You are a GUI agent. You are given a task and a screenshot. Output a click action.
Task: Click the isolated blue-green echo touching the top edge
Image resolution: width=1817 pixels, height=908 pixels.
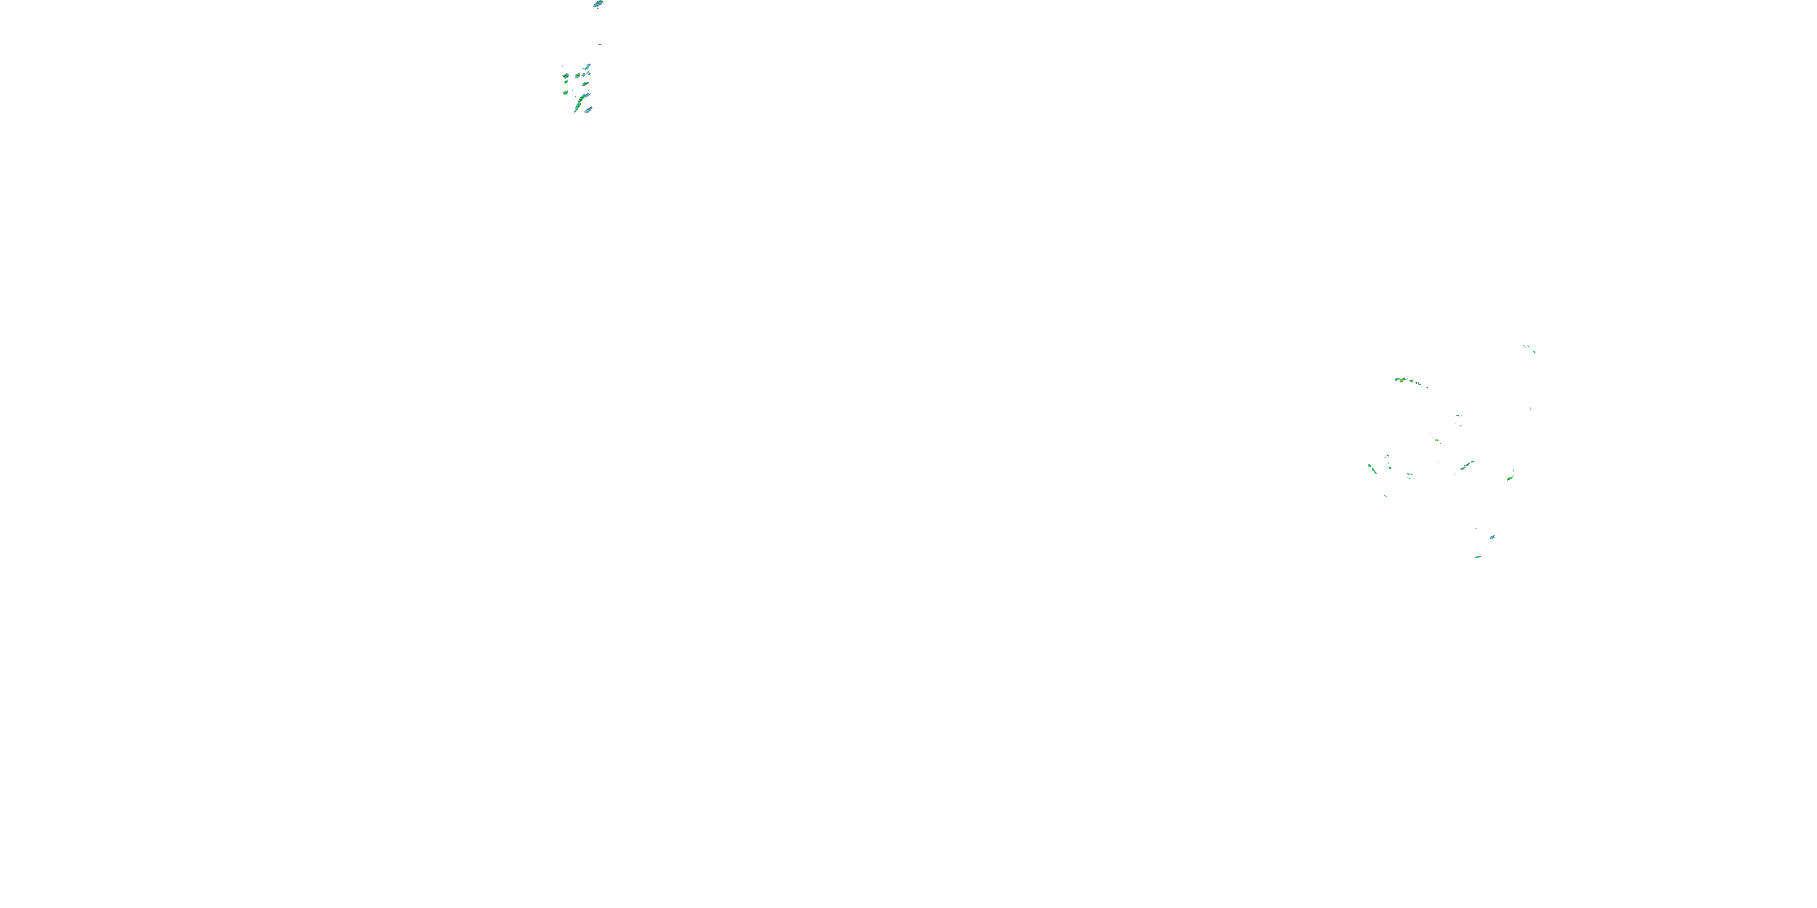tap(598, 4)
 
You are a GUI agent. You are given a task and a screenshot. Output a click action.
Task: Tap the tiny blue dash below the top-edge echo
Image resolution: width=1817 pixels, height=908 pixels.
tap(600, 44)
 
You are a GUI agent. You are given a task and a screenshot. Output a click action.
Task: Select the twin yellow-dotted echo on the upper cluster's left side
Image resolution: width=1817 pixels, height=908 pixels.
tap(566, 76)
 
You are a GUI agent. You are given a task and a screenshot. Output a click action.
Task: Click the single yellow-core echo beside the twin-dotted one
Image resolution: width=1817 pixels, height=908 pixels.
tap(578, 74)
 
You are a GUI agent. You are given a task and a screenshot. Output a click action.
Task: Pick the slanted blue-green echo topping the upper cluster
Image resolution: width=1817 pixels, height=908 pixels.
tap(587, 68)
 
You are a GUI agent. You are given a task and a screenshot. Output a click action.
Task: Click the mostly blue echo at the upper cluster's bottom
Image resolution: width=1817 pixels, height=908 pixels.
tap(588, 110)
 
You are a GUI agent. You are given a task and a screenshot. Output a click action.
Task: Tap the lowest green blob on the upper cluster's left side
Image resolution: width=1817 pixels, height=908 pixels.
tap(566, 93)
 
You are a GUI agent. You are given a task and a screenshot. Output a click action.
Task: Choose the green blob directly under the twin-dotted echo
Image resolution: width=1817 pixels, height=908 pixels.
tap(566, 82)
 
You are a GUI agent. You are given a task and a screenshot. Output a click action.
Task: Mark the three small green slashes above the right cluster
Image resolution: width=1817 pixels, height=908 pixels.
tap(1529, 347)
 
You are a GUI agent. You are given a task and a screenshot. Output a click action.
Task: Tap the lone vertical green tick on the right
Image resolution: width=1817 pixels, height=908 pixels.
tap(1531, 408)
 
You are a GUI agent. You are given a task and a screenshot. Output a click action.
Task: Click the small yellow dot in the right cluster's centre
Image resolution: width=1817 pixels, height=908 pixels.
tap(1437, 441)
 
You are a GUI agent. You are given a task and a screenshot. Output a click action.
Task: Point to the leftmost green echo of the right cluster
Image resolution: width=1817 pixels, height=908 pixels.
tap(1371, 467)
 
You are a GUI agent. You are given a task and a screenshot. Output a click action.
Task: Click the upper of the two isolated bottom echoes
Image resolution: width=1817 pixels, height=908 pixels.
tap(1492, 537)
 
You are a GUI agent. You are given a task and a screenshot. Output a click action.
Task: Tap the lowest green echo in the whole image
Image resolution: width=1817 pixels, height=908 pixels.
tap(1477, 557)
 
